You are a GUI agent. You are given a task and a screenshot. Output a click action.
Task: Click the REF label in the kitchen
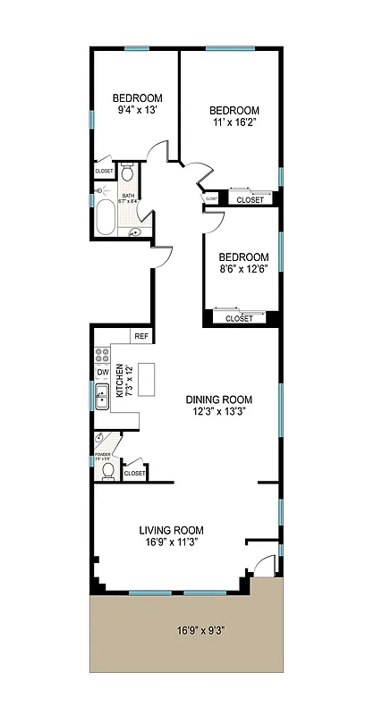pyautogui.click(x=140, y=336)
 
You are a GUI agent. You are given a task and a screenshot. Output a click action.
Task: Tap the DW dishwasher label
pyautogui.click(x=103, y=373)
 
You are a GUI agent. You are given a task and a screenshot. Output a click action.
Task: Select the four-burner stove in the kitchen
pyautogui.click(x=102, y=353)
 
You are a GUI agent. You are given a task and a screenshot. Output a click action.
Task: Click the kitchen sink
pyautogui.click(x=103, y=394)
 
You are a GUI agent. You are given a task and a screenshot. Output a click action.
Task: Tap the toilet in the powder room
pyautogui.click(x=107, y=469)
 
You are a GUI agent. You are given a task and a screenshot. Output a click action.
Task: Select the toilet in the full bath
pyautogui.click(x=128, y=173)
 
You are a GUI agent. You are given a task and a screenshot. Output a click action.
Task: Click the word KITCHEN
pyautogui.click(x=118, y=382)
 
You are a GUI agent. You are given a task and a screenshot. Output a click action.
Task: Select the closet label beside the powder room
pyautogui.click(x=135, y=473)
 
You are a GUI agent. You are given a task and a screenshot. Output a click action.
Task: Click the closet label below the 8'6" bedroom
pyautogui.click(x=239, y=318)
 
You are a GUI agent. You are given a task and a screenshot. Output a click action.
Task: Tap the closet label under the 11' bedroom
pyautogui.click(x=251, y=200)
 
